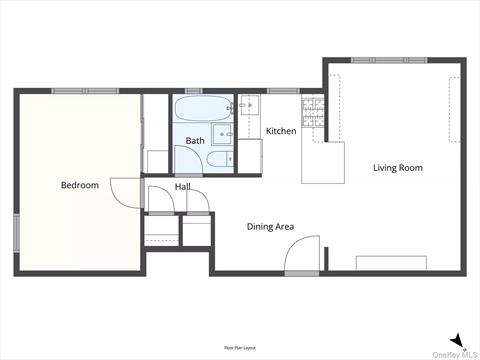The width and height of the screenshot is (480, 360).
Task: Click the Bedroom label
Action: (80, 185)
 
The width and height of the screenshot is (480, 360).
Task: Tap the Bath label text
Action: (195, 141)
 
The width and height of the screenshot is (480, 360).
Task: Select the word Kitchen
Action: (281, 131)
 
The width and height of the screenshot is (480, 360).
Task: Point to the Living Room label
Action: (398, 168)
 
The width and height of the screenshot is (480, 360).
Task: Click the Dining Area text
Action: (270, 227)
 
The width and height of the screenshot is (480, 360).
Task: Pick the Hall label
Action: (183, 187)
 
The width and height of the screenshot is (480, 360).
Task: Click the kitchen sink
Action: (250, 104)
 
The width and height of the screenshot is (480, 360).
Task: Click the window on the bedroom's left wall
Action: (16, 232)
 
